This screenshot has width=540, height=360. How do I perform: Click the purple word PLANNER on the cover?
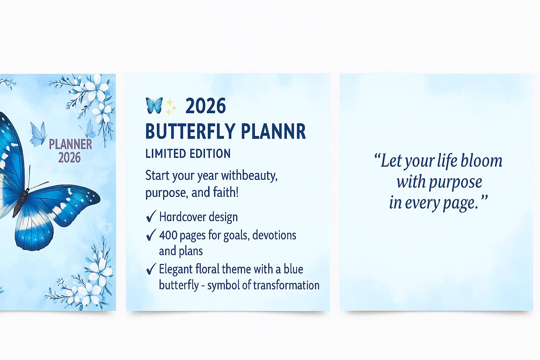[70, 144]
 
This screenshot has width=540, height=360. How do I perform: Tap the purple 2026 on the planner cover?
[69, 158]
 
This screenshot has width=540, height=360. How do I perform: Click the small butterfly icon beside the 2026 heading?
[154, 105]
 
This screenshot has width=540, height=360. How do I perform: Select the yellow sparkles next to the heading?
[171, 106]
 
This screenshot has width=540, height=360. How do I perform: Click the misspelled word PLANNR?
[274, 131]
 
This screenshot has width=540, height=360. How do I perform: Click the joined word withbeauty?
[249, 176]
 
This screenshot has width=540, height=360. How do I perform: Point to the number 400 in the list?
[168, 235]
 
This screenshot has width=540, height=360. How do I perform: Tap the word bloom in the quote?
[481, 160]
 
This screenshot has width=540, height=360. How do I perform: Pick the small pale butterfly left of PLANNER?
[38, 134]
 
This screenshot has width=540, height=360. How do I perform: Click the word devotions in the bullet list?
[274, 235]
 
